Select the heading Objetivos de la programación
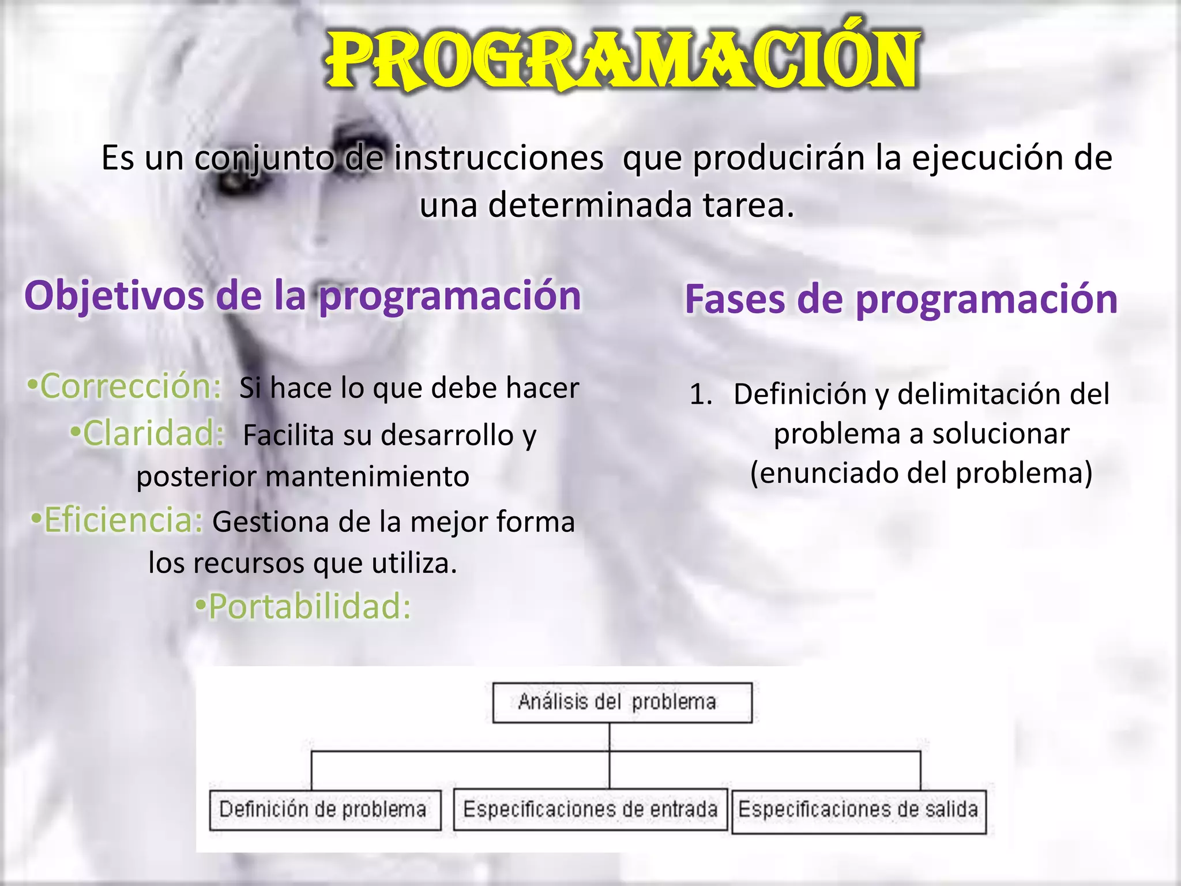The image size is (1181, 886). pos(302,296)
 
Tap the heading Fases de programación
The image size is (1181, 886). pos(901,299)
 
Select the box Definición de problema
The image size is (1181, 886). pos(325,810)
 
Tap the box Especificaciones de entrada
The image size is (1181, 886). pos(590,810)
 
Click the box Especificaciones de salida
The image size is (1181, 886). pos(859,810)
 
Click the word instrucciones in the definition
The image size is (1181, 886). pos(499,158)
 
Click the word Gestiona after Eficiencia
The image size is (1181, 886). pos(270,522)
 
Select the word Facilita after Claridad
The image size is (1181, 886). pos(288,436)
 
